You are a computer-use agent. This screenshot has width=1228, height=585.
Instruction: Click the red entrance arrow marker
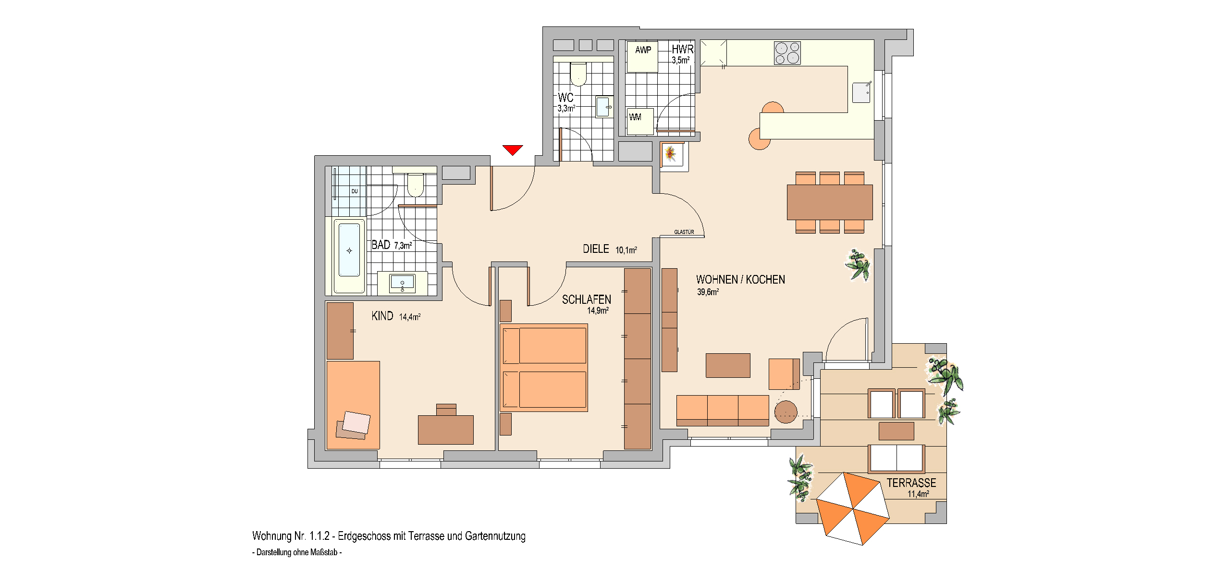tap(513, 150)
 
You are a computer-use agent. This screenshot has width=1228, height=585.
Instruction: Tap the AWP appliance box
tap(642, 57)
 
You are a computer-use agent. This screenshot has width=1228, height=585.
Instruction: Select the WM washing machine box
tap(640, 122)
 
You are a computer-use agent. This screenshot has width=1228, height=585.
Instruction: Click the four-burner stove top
tap(787, 53)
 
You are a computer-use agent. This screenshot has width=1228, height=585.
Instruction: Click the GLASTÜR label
tap(684, 232)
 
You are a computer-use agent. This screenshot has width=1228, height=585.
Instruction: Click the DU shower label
tap(355, 191)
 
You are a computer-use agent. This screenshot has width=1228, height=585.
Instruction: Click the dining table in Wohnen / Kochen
tap(830, 202)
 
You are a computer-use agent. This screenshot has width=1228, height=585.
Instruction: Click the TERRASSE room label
tap(911, 483)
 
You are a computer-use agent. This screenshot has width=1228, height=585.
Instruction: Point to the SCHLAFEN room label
tap(587, 300)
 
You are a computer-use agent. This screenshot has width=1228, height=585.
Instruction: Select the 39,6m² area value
tap(708, 292)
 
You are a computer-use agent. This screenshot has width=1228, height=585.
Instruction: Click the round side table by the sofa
tap(786, 412)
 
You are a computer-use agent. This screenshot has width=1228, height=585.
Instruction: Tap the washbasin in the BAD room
tap(402, 283)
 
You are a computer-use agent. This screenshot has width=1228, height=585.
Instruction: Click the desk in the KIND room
tap(446, 430)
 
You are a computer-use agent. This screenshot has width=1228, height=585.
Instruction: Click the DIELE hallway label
tap(596, 249)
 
